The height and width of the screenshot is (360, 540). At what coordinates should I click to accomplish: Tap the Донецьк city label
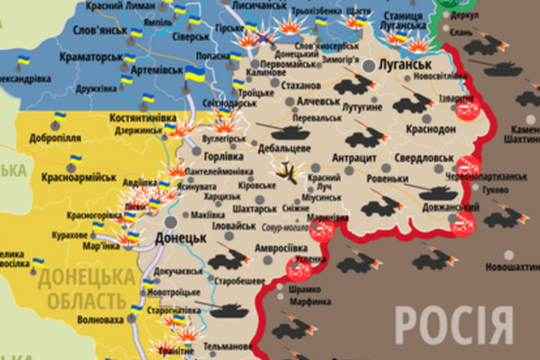pyautogui.click(x=182, y=239)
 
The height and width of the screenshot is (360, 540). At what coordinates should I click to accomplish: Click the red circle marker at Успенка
pyautogui.click(x=299, y=270)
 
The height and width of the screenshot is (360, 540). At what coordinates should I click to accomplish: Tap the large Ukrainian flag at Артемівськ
pyautogui.click(x=194, y=74)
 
